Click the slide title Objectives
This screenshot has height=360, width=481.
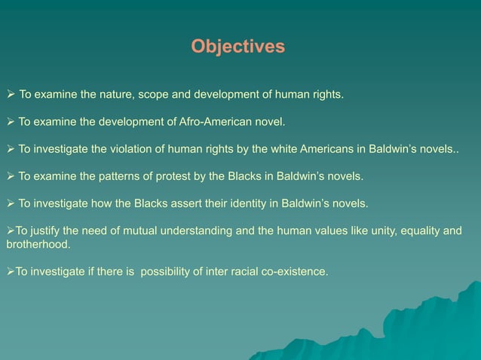(x=237, y=47)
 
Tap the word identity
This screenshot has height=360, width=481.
(x=237, y=203)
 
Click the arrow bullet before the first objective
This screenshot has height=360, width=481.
(x=11, y=95)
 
